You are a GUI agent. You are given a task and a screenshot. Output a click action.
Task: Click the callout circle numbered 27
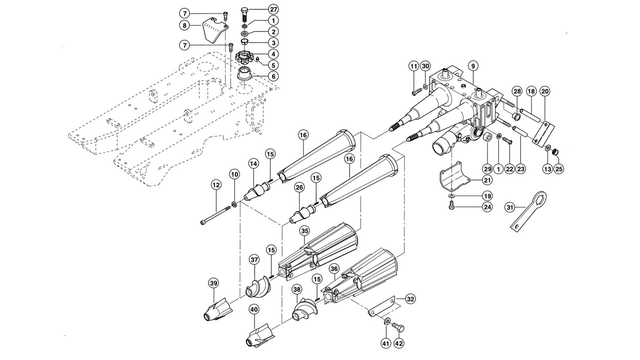pyautogui.click(x=273, y=9)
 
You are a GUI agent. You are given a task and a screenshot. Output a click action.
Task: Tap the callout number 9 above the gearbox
pyautogui.click(x=473, y=66)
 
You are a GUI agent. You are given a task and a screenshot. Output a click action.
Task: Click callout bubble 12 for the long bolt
pyautogui.click(x=216, y=185)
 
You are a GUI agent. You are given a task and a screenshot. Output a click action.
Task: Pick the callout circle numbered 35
pyautogui.click(x=304, y=231)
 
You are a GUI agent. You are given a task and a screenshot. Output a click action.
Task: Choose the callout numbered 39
pyautogui.click(x=213, y=283)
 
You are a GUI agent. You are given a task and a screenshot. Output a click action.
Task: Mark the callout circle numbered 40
pyautogui.click(x=254, y=309)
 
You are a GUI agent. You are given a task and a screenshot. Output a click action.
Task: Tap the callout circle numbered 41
pyautogui.click(x=386, y=343)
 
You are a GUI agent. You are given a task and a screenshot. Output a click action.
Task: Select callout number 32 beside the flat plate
pyautogui.click(x=410, y=299)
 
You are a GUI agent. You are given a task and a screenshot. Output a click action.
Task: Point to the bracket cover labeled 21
pyautogui.click(x=454, y=177)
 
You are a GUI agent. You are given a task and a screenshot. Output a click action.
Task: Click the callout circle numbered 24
pyautogui.click(x=487, y=207)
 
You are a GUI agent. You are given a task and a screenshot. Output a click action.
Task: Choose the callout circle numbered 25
pyautogui.click(x=559, y=169)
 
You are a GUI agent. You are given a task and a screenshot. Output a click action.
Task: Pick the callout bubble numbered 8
pyautogui.click(x=184, y=25)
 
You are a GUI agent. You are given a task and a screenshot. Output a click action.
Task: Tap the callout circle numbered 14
pyautogui.click(x=253, y=164)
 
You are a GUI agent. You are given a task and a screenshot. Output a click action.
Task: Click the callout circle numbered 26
pyautogui.click(x=299, y=187)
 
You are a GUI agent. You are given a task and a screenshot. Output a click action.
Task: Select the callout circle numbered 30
pyautogui.click(x=425, y=66)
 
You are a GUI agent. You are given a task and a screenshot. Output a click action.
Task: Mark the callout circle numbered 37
pyautogui.click(x=254, y=260)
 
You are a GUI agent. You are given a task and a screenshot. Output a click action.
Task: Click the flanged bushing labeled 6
pyautogui.click(x=245, y=75)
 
